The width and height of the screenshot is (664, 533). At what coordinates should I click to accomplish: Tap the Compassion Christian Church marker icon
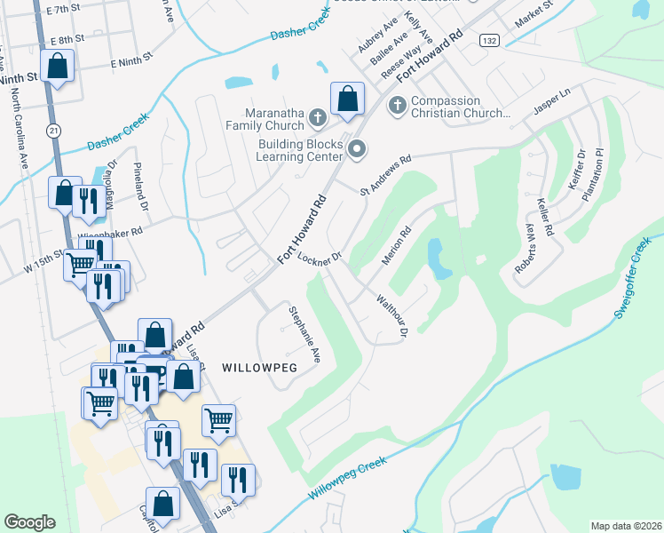coord(397,106)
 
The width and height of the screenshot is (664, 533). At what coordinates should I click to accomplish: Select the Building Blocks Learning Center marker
coord(357,148)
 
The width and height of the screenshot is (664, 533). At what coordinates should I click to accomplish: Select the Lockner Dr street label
coord(320,259)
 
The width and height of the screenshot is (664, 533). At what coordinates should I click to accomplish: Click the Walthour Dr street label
coord(391,316)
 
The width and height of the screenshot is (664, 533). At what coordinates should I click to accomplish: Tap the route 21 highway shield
coord(55,131)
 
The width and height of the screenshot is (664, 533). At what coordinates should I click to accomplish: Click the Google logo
coord(29,522)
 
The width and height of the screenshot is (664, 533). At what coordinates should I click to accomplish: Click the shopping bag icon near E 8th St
coord(58,67)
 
